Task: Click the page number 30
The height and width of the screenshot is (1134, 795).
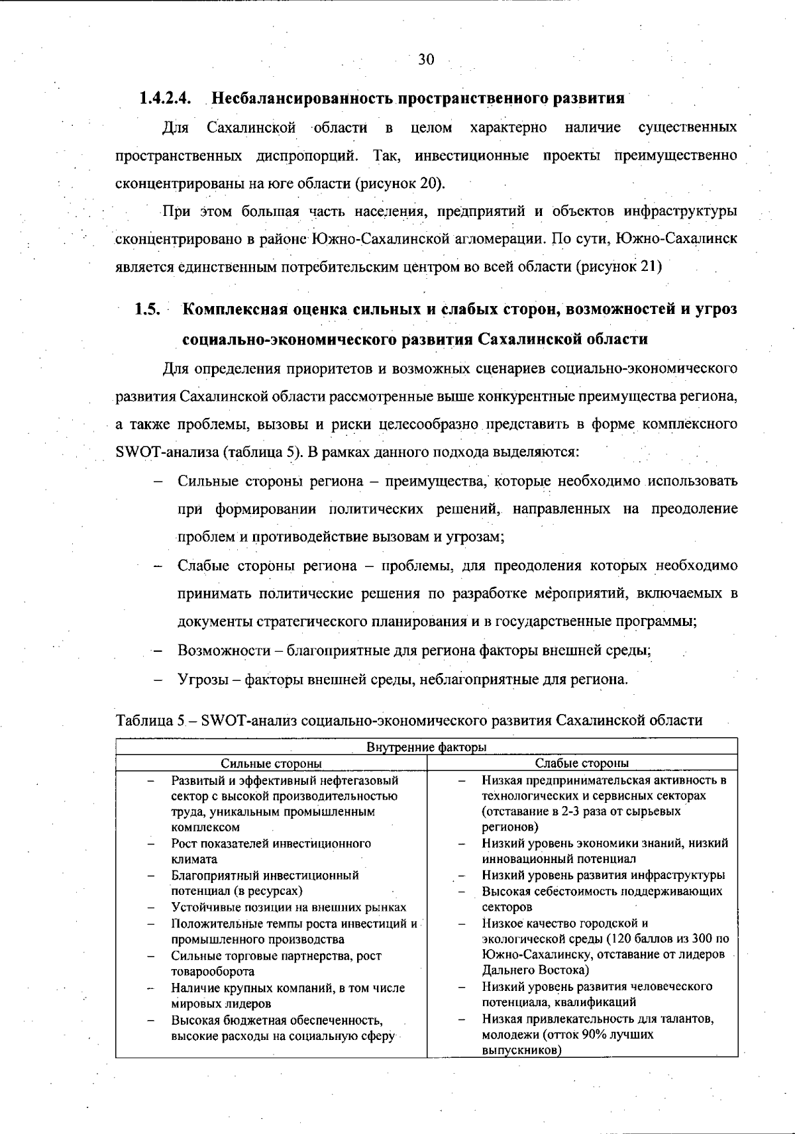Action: [x=426, y=60]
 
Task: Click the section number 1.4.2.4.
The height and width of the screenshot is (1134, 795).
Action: [x=164, y=98]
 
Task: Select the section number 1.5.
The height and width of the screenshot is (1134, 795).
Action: [x=149, y=309]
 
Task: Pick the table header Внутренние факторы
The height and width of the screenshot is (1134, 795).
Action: [x=427, y=747]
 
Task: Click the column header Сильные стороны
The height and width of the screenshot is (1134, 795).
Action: [x=271, y=763]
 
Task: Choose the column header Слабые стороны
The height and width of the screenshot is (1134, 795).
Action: [x=582, y=763]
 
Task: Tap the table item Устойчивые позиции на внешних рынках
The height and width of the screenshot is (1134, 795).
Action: [x=288, y=907]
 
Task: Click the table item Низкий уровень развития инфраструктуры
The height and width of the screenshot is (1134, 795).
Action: [x=603, y=875]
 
